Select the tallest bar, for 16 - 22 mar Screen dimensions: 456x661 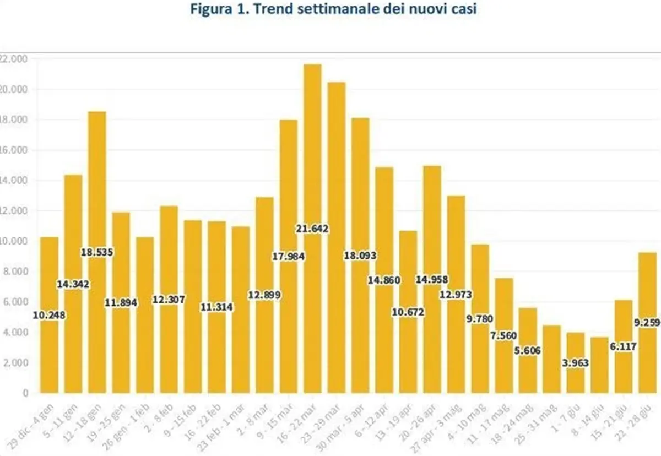click(312, 165)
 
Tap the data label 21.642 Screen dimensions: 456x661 click(312, 229)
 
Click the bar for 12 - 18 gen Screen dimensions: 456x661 click(97, 193)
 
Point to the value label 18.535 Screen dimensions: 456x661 click(97, 252)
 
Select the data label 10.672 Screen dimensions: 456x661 click(408, 312)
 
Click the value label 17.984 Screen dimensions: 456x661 click(289, 256)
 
